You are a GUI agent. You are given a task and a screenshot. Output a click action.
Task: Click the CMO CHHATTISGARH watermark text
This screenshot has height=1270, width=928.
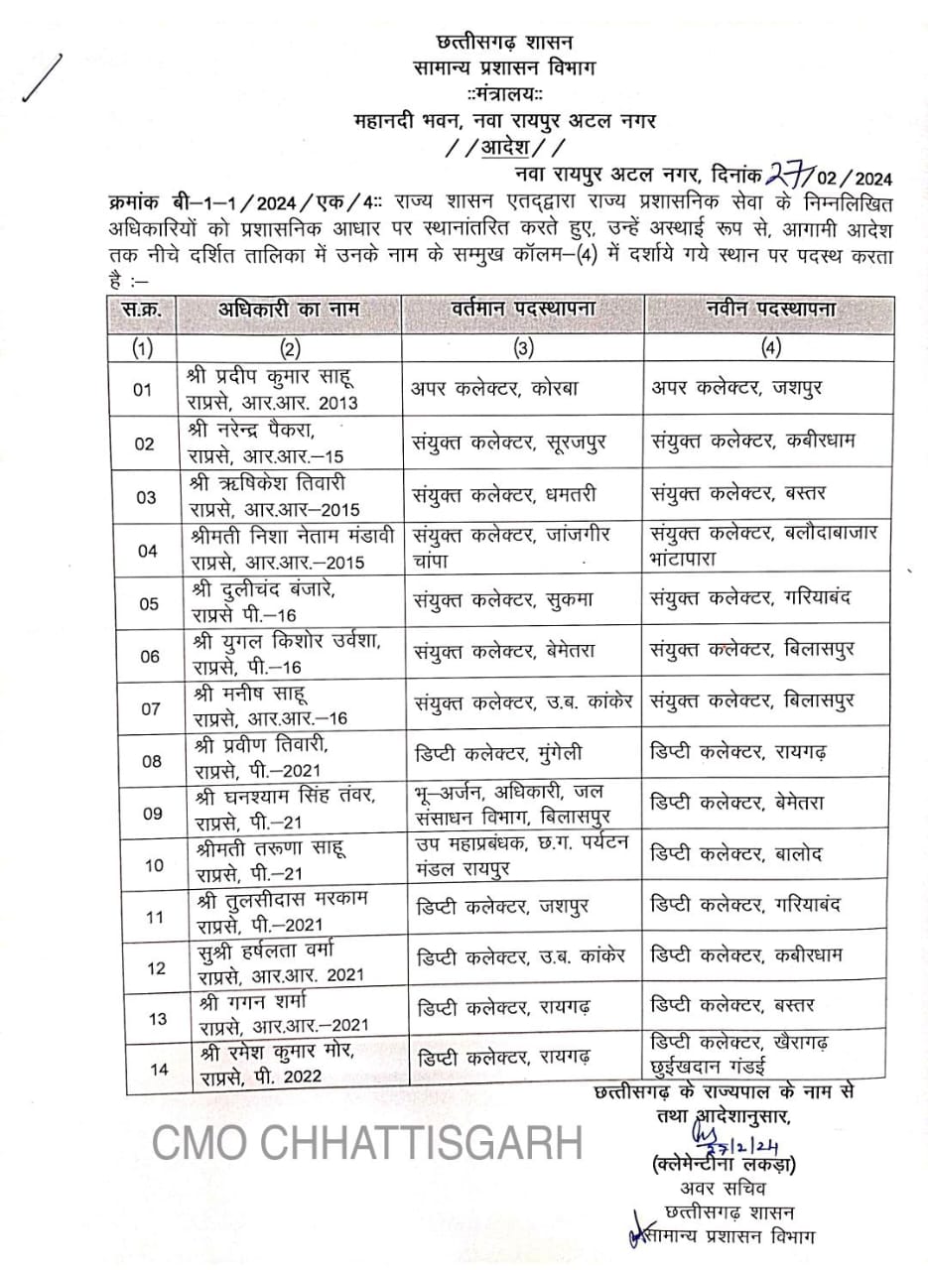(x=366, y=1144)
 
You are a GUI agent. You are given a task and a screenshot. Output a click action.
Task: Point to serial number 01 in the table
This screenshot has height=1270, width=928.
(x=144, y=390)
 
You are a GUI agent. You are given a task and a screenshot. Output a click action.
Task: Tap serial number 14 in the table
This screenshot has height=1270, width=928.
(x=157, y=1068)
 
